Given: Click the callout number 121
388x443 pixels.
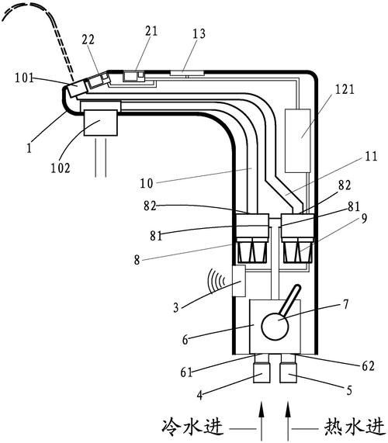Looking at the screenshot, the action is [345, 89].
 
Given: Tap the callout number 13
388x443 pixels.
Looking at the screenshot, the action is [199, 33].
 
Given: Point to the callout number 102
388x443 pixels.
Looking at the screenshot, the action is [61, 168].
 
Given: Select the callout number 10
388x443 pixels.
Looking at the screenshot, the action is [147, 183].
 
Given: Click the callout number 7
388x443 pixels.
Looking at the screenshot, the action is [346, 305].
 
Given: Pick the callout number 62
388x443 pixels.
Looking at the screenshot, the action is [368, 366].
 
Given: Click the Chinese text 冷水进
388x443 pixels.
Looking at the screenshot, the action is [192, 427].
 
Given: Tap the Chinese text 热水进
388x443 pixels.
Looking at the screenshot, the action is [355, 427].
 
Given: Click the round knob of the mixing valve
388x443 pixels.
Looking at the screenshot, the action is [275, 327].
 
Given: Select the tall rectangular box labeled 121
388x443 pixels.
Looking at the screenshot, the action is [297, 140].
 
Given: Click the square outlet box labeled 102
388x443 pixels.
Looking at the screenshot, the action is [101, 123].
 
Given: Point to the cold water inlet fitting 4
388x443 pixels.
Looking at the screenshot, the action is [262, 373].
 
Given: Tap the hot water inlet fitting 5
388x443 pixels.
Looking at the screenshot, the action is [288, 373].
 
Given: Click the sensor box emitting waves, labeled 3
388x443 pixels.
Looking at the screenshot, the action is [238, 281].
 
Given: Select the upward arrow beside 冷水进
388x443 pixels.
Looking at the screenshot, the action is [262, 421].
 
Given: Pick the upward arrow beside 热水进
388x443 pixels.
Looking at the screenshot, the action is [288, 421].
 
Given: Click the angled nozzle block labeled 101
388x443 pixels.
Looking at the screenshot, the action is [77, 88].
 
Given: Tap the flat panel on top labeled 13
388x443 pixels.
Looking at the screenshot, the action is [187, 73].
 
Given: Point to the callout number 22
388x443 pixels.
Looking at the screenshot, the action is [88, 40].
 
